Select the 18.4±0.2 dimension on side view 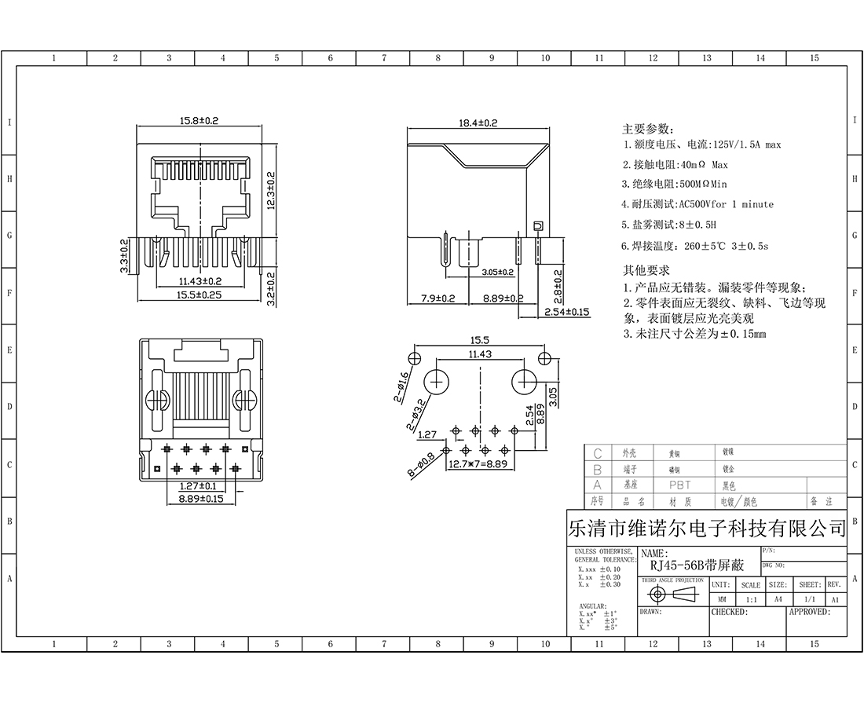click(478, 123)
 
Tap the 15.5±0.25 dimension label click(199, 295)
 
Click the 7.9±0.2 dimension click(437, 298)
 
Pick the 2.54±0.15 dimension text click(566, 312)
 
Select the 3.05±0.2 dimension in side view click(497, 273)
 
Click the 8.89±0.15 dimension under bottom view click(201, 498)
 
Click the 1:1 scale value click(750, 599)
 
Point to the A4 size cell click(778, 599)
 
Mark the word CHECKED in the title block click(729, 611)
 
